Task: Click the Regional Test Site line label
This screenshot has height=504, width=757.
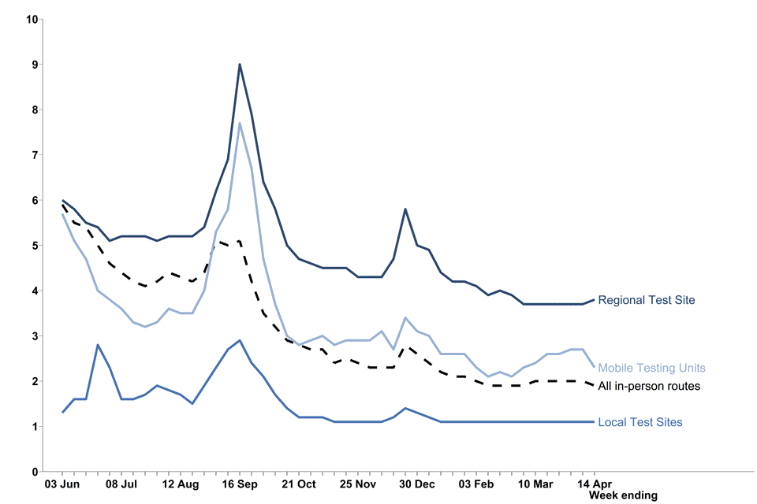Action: (x=646, y=300)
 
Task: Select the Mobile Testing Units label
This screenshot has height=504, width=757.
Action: (x=651, y=368)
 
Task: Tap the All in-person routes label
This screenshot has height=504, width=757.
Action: (x=649, y=386)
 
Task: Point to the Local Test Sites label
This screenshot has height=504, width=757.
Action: (x=640, y=422)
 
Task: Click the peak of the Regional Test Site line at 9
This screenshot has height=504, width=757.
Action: (x=240, y=65)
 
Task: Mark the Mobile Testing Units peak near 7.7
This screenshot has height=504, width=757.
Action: (x=240, y=123)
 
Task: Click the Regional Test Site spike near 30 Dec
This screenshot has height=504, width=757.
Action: (x=405, y=209)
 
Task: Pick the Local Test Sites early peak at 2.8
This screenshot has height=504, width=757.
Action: (x=98, y=345)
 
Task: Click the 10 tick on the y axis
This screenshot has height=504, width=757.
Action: (x=32, y=19)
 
